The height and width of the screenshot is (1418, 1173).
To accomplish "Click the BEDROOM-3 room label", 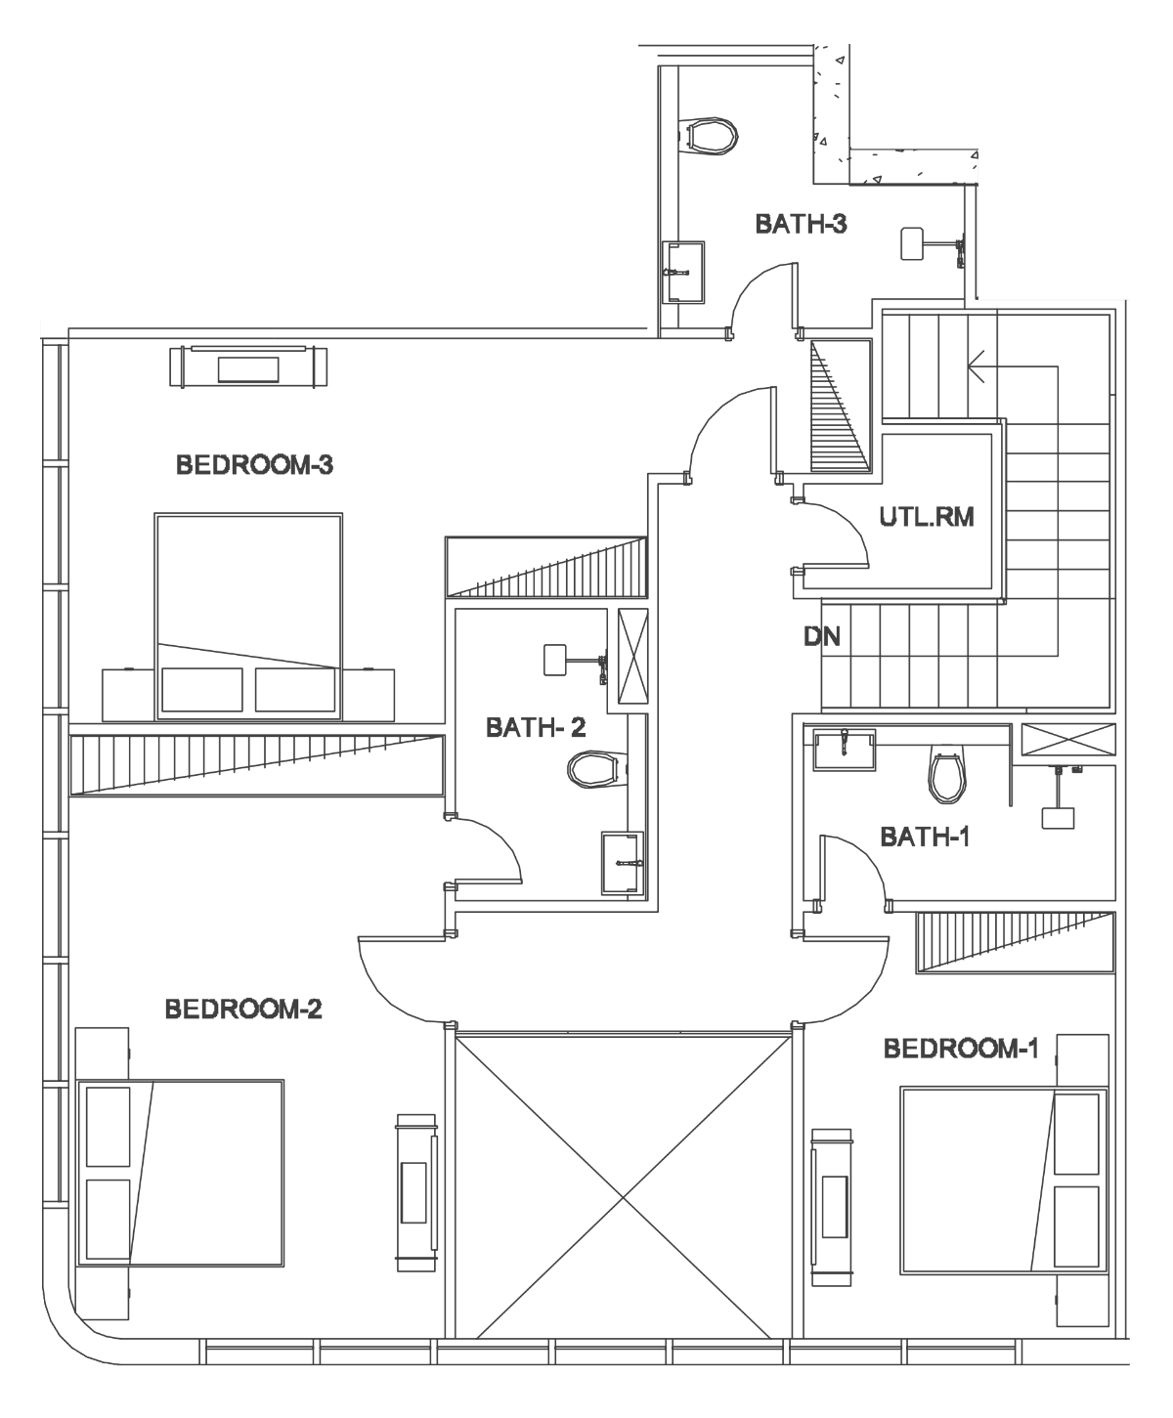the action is click(x=255, y=464).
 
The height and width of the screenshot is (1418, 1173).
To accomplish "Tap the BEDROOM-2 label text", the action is click(x=243, y=1010).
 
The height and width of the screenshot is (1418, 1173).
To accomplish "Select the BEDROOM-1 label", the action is click(x=961, y=1049).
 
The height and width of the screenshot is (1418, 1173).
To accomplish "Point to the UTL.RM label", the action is click(x=927, y=517).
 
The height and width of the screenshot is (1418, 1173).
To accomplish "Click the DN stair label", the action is click(x=822, y=636).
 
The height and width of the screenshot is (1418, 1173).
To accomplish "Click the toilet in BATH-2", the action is click(x=596, y=769).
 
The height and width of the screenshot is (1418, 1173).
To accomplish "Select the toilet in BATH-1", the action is click(x=947, y=777).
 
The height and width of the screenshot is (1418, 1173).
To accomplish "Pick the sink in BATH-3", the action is click(x=683, y=272).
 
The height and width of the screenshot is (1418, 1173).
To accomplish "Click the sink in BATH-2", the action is click(x=622, y=863).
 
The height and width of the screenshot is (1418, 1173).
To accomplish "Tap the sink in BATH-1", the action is click(x=845, y=750).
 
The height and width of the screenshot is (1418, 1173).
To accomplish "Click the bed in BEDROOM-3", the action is click(x=248, y=617).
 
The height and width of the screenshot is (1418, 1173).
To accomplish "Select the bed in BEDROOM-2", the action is click(x=181, y=1173).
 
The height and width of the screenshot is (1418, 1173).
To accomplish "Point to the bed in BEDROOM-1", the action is click(x=1004, y=1181).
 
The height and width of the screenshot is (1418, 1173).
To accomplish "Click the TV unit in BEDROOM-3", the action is click(x=248, y=367).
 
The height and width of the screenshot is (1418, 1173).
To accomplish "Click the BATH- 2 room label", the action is click(x=536, y=727).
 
